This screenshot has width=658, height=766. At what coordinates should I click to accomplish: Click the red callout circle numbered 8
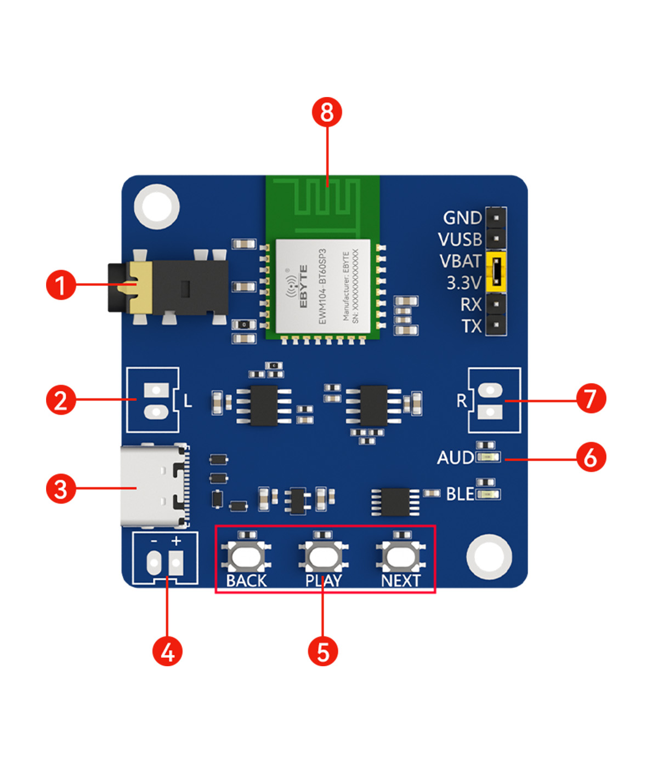click(327, 112)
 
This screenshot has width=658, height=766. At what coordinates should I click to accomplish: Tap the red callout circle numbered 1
click(61, 285)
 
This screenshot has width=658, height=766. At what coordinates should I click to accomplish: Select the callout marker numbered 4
click(167, 651)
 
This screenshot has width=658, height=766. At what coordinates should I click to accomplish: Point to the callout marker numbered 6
click(591, 458)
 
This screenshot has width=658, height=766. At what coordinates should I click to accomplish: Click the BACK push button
click(246, 557)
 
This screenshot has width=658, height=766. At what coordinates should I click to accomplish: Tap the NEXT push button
click(401, 557)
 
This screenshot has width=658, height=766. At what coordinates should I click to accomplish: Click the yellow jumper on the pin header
click(496, 272)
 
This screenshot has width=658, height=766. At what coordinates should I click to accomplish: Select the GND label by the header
click(462, 218)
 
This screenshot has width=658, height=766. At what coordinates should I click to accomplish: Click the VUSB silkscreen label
click(460, 239)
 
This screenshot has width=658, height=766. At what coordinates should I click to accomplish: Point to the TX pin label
click(471, 326)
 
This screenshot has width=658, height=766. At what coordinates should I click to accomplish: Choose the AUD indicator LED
click(487, 457)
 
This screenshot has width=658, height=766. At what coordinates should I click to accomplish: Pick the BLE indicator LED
click(487, 495)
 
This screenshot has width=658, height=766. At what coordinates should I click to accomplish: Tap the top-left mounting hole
click(157, 207)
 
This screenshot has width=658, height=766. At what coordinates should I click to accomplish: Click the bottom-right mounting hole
click(490, 556)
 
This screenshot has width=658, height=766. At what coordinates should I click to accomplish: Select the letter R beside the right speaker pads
click(462, 401)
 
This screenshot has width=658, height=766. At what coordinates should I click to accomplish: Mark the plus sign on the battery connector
click(176, 541)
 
